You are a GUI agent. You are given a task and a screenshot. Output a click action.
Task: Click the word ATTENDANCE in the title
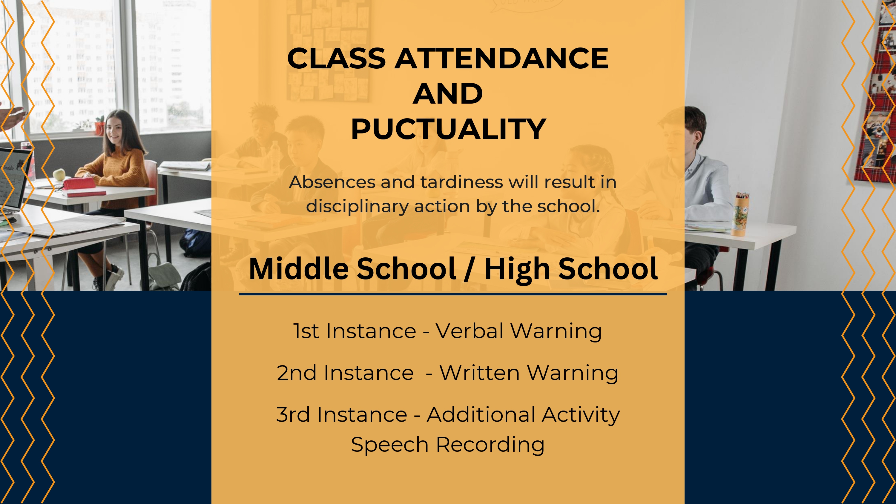[x=501, y=58]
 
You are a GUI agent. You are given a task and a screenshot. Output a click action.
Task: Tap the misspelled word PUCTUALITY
[x=448, y=129]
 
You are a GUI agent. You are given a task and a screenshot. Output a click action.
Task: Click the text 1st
[x=306, y=331]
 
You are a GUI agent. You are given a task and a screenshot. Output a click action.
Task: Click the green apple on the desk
[x=59, y=174]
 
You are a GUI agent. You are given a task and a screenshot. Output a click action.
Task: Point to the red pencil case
[x=79, y=183]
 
